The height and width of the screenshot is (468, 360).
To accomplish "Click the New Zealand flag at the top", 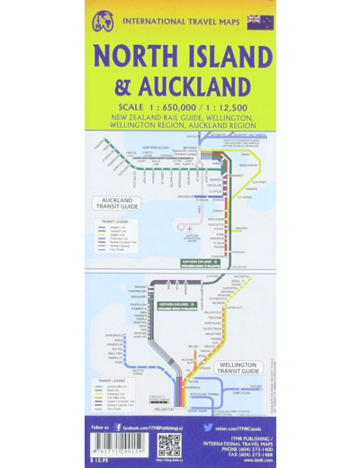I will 255,21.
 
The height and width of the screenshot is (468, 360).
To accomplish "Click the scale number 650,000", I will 175,109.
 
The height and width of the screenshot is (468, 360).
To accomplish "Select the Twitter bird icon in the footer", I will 207,420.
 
